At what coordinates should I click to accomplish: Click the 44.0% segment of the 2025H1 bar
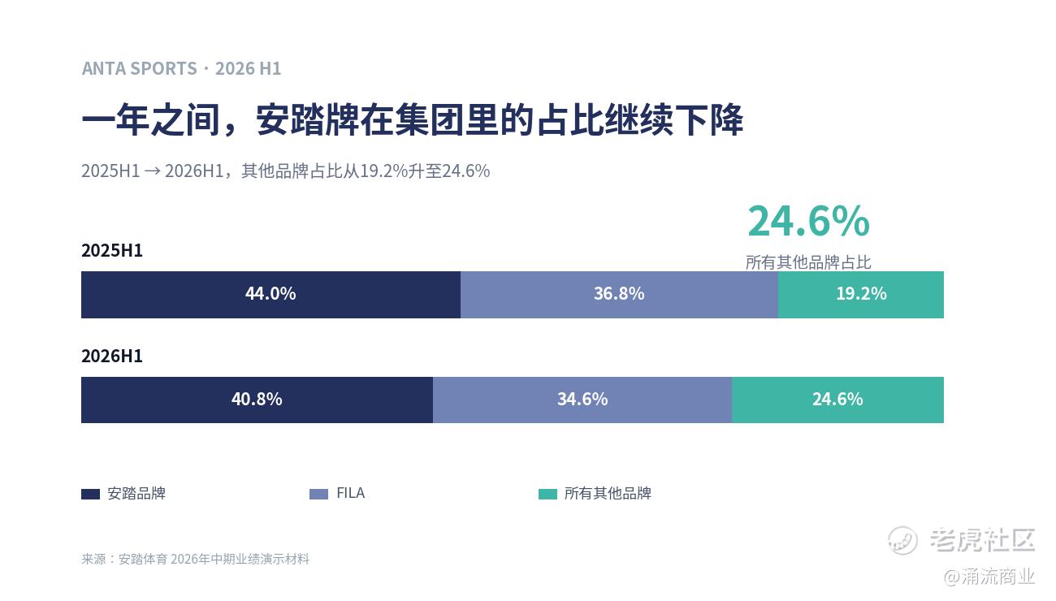pyautogui.click(x=270, y=295)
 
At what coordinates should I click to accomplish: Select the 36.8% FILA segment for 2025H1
pyautogui.click(x=619, y=295)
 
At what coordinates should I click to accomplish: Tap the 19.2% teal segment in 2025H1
pyautogui.click(x=861, y=295)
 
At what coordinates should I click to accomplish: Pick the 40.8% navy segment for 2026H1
pyautogui.click(x=257, y=400)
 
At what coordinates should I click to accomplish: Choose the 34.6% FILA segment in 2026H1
pyautogui.click(x=582, y=400)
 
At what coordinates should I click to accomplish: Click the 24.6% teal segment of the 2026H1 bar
pyautogui.click(x=837, y=400)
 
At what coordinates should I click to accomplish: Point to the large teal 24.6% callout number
pyautogui.click(x=808, y=221)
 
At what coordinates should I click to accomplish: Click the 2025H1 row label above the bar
pyautogui.click(x=112, y=250)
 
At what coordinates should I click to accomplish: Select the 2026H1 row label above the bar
pyautogui.click(x=112, y=356)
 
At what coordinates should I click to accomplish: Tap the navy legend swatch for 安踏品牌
pyautogui.click(x=90, y=494)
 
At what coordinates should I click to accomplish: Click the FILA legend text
pyautogui.click(x=351, y=493)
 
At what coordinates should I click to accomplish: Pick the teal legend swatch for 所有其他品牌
pyautogui.click(x=547, y=494)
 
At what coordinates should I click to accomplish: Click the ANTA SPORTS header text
pyautogui.click(x=140, y=68)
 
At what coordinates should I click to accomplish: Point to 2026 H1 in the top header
pyautogui.click(x=248, y=68)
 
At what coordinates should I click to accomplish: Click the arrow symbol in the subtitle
pyautogui.click(x=152, y=171)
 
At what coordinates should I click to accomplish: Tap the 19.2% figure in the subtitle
pyautogui.click(x=383, y=171)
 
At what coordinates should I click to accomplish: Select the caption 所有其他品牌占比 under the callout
pyautogui.click(x=808, y=262)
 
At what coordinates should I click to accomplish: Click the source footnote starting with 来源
pyautogui.click(x=195, y=559)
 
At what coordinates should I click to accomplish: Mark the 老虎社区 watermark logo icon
pyautogui.click(x=902, y=540)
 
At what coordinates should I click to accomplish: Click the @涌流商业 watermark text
pyautogui.click(x=989, y=577)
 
